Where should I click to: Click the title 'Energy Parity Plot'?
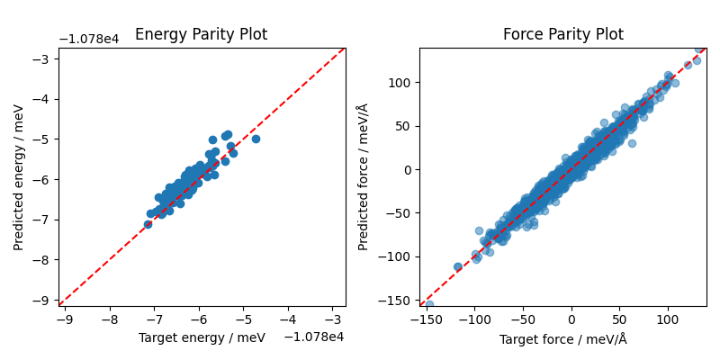coord(201,35)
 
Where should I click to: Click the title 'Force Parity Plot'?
coord(562,35)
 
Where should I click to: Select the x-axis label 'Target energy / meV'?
coord(202,337)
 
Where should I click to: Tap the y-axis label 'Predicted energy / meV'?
coord(19,177)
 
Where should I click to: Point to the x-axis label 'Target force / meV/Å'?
coord(562,339)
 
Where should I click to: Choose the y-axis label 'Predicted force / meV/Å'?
coord(363,177)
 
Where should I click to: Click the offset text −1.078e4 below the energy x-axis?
coord(314,337)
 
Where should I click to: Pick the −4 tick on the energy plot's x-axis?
coord(287,319)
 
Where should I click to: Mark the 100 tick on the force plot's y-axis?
coord(400,83)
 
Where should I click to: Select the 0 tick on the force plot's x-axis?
coord(571,319)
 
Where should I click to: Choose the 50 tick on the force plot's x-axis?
coord(619,319)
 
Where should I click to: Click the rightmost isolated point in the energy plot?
coord(256,139)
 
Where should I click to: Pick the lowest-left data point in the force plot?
coord(429,304)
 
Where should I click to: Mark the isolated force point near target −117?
coord(458,267)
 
